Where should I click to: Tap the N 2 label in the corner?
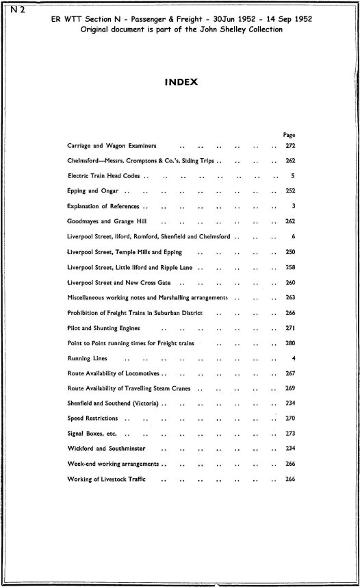pos(12,8)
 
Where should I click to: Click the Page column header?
pos(288,135)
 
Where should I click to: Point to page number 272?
pos(289,146)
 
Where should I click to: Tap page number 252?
pos(289,190)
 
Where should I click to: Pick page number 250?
pos(289,252)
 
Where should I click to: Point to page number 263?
pos(289,298)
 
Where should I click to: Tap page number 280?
pos(289,343)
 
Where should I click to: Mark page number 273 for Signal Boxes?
pos(289,433)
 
